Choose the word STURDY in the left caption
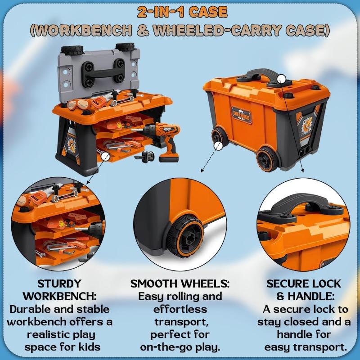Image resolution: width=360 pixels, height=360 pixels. coord(59,284)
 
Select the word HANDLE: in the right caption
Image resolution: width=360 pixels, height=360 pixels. coord(311,297)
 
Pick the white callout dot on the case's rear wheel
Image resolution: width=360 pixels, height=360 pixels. coord(218,146)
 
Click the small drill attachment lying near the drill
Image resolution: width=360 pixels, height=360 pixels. coord(144,157)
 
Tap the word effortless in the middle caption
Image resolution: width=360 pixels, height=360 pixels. coord(180,309)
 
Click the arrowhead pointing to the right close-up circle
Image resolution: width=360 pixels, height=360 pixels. coord(302,171)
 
